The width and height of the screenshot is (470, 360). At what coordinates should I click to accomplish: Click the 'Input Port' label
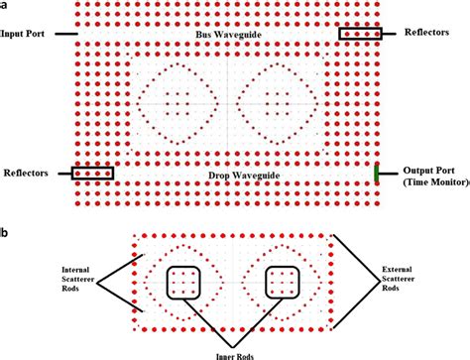[x=28, y=34]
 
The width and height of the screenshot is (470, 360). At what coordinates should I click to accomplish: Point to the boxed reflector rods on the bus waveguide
[x=360, y=34]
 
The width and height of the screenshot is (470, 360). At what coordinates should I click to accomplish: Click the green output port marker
[x=377, y=174]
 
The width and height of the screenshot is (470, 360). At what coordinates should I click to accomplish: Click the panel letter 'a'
[x=5, y=6]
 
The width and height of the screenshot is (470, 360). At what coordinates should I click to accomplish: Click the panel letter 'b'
[x=5, y=232]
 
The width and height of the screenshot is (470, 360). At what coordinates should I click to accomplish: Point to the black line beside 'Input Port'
[x=65, y=34]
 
